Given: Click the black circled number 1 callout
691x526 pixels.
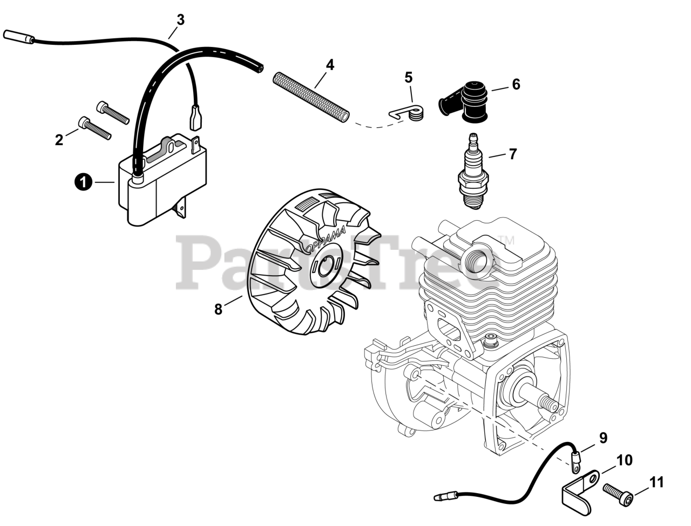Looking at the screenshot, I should (82, 182).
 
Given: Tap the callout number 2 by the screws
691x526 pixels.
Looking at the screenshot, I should (59, 140).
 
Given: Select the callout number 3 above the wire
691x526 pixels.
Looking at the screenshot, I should (180, 20).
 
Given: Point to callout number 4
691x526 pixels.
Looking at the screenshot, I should (330, 65).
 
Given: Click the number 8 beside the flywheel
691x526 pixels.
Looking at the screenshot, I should (218, 310).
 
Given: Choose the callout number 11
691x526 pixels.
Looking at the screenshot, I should (656, 482).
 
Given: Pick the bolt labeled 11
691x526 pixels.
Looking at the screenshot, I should (618, 491).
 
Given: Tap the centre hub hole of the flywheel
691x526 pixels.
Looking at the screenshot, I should (324, 264).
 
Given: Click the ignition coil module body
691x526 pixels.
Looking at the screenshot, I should (162, 186).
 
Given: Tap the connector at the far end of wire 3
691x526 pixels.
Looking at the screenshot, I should (18, 36).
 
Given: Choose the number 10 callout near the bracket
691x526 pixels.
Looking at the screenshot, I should (624, 460).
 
